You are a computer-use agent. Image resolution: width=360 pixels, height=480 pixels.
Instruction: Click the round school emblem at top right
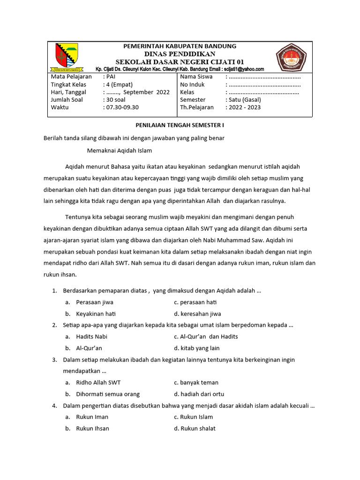[x=291, y=57]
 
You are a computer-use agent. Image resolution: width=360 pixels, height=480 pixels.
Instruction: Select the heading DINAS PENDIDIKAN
[x=180, y=54]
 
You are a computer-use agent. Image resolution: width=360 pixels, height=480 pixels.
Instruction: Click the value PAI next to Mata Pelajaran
[x=110, y=76]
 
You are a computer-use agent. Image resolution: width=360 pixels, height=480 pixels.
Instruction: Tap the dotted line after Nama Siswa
[x=264, y=77]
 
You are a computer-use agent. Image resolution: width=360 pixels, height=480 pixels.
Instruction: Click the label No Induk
[x=193, y=84]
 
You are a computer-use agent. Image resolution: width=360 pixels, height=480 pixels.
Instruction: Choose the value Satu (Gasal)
[x=245, y=100]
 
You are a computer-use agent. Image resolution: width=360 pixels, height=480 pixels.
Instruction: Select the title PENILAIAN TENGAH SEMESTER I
[x=180, y=126]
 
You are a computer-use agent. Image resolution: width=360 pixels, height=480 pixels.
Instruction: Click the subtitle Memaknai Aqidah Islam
[x=120, y=150]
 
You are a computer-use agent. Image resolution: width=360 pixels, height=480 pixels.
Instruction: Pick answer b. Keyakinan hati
[x=96, y=314]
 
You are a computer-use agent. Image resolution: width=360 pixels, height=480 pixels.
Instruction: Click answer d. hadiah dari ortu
[x=199, y=394]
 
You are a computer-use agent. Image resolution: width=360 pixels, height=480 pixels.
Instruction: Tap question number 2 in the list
[x=55, y=325]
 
